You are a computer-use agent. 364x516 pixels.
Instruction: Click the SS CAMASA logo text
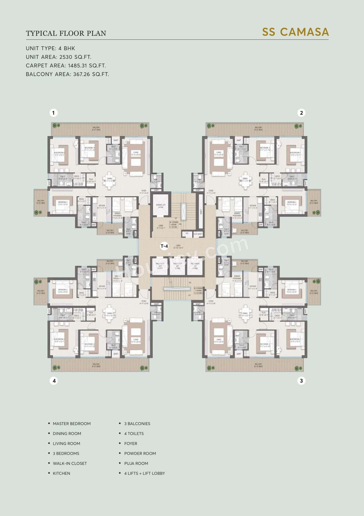[x=295, y=32]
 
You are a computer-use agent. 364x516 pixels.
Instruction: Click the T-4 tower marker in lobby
[x=164, y=246]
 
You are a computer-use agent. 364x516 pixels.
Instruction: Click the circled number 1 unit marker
[x=53, y=113]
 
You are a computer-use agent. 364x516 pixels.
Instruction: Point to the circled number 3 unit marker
[x=301, y=381]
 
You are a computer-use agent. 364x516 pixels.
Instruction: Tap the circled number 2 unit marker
[x=301, y=113]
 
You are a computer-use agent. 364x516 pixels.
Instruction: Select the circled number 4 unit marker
[x=54, y=381]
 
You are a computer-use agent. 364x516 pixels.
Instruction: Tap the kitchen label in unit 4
[x=102, y=287]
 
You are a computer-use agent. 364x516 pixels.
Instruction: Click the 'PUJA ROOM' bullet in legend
[x=136, y=463]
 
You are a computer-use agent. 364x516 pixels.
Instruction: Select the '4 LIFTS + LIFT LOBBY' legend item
[x=144, y=473]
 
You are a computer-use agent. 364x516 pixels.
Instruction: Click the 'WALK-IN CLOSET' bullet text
[x=70, y=463]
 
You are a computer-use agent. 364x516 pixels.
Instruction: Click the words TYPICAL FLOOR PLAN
[x=66, y=33]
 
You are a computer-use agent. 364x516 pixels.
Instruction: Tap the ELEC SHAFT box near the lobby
[x=198, y=234]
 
